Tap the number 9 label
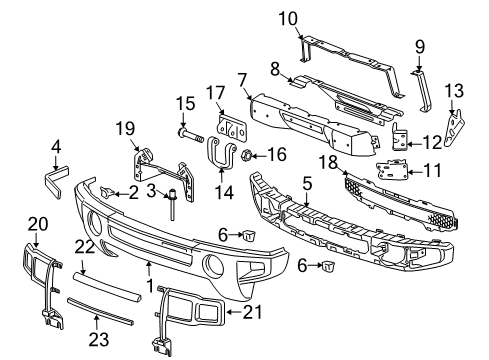[419, 45]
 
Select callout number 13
[455, 91]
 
